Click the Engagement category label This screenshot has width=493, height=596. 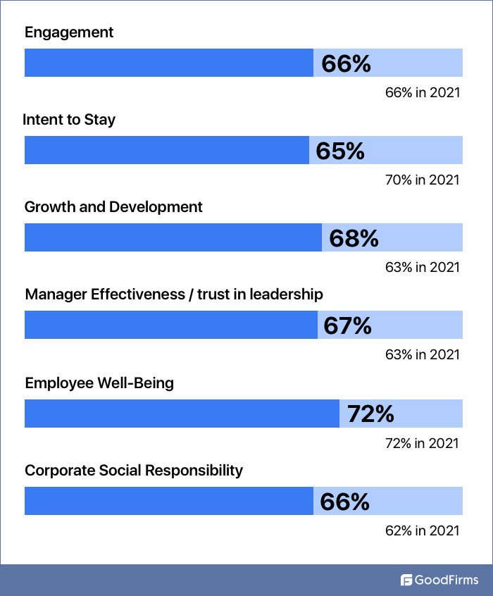(x=69, y=32)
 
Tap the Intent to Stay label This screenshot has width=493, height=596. (x=69, y=120)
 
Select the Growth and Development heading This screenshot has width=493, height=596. (x=113, y=207)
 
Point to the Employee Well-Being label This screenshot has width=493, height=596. (x=99, y=383)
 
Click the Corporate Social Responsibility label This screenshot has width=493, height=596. (x=134, y=471)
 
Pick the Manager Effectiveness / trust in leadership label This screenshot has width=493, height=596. (x=174, y=294)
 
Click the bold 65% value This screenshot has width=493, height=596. (x=339, y=151)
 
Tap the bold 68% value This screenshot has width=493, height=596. (x=354, y=238)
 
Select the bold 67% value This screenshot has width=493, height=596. (x=347, y=325)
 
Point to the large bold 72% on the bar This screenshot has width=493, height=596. (x=370, y=414)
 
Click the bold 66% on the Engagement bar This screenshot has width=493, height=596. (x=346, y=63)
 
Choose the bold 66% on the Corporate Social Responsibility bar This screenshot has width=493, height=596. (x=344, y=502)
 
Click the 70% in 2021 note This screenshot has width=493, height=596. (x=422, y=180)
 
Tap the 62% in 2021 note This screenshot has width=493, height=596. (x=422, y=530)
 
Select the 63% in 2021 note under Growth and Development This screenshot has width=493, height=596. (x=422, y=268)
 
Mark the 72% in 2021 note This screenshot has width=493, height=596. (x=422, y=443)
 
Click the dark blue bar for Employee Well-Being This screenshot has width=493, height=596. (x=182, y=414)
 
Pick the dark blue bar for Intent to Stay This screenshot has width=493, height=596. (x=167, y=150)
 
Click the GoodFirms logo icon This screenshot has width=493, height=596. (x=406, y=581)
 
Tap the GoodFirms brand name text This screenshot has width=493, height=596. (x=447, y=581)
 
